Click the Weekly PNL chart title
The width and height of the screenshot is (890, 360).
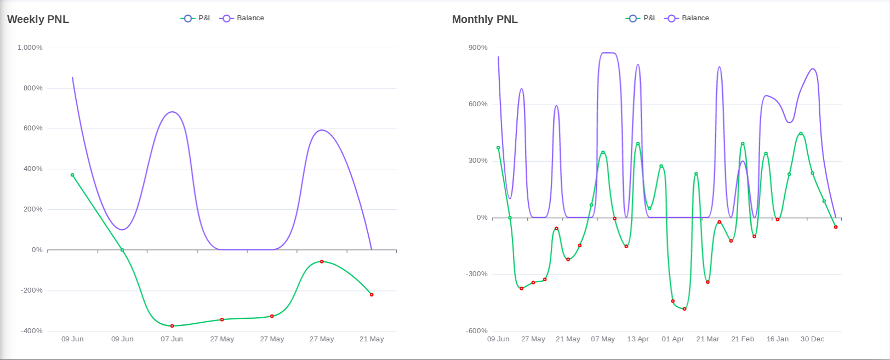(x=38, y=19)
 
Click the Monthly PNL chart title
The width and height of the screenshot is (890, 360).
(x=484, y=19)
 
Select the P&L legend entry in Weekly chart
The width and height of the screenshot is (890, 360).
(x=197, y=18)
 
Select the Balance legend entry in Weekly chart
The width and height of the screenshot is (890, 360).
(x=242, y=18)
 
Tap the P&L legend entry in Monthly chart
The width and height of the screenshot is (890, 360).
(x=642, y=18)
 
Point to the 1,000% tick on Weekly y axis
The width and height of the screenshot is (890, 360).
(x=30, y=48)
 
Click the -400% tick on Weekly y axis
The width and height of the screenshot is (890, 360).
(x=32, y=331)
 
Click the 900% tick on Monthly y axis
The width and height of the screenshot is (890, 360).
(x=478, y=48)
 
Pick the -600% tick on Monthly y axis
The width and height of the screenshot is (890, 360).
(x=477, y=331)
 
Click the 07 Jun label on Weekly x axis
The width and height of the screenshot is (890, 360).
(x=172, y=339)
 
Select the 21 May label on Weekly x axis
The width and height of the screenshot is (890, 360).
(x=372, y=339)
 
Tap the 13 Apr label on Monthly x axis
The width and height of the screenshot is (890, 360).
(x=638, y=339)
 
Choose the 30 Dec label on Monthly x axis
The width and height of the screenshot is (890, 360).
(x=812, y=339)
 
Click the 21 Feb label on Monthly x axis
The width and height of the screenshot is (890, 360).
(x=743, y=339)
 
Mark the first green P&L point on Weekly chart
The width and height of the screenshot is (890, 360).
(x=72, y=175)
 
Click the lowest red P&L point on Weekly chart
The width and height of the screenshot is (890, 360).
(x=172, y=326)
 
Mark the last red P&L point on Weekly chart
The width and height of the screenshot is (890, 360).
(x=372, y=295)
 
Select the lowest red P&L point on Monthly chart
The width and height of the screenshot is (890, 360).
(x=684, y=309)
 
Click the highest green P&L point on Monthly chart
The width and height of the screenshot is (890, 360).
(x=801, y=134)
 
